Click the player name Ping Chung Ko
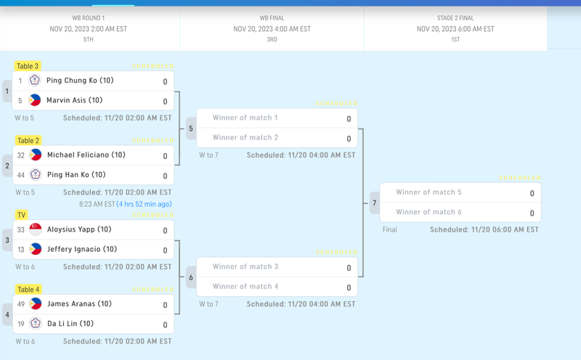[x=80, y=81]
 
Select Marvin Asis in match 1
[x=74, y=100]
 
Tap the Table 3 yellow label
[x=28, y=66]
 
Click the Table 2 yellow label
[x=28, y=141]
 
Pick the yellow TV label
[x=22, y=215]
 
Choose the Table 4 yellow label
[x=28, y=290]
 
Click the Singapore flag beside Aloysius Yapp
[x=35, y=229]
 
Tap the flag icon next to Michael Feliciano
[x=35, y=155]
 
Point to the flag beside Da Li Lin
[x=35, y=324]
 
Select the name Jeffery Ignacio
[x=79, y=249]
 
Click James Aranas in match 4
[x=79, y=303]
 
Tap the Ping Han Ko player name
[x=76, y=174]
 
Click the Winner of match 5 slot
[x=428, y=192]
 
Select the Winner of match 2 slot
[x=245, y=137]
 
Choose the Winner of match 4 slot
[x=245, y=286]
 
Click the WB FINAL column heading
[x=272, y=18]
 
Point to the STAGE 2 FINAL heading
[x=455, y=18]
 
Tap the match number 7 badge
[x=375, y=202]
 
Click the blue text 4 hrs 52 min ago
[x=145, y=204]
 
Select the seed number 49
[x=20, y=304]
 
